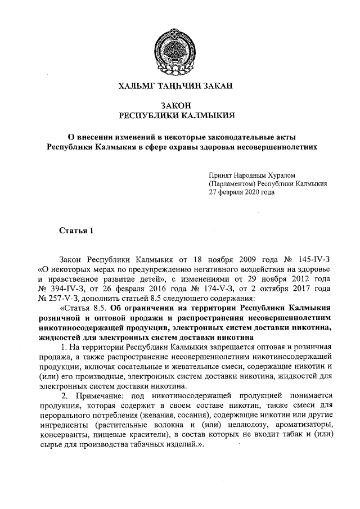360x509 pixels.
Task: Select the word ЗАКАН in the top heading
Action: click(217, 87)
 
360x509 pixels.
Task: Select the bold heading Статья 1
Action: click(74, 231)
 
